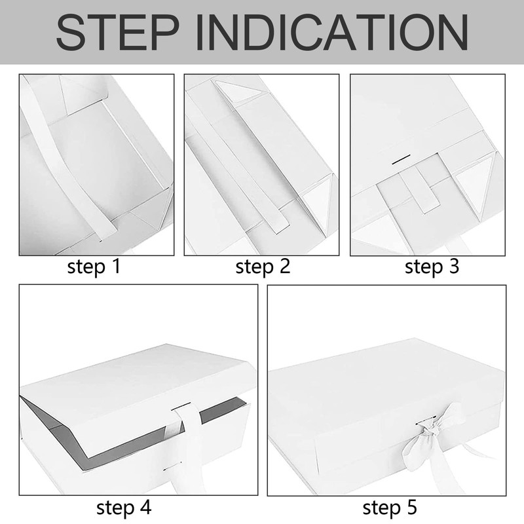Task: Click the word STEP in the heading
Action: pos(118,32)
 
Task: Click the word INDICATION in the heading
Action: pos(331,32)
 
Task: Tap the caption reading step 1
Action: pos(94,267)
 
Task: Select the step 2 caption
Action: pos(263,267)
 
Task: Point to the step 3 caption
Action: pos(432,267)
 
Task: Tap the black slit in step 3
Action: pos(401,160)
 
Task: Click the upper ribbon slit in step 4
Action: pos(181,406)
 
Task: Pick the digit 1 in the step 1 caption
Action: pos(116,267)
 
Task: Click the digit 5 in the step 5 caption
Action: pos(413,507)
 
